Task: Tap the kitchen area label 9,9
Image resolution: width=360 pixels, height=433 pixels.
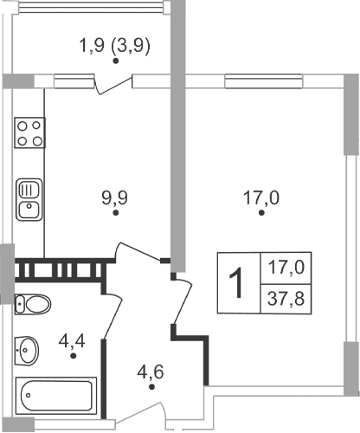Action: (x=114, y=197)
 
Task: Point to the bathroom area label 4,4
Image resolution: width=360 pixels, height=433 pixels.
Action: (x=72, y=339)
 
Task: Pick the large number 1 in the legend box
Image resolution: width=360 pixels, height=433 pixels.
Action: (x=235, y=282)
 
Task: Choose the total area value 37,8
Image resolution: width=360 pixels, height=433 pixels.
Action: (x=286, y=299)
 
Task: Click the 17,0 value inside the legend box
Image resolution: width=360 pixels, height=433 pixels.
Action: (x=286, y=267)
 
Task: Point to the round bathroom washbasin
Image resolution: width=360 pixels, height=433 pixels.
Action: (x=28, y=350)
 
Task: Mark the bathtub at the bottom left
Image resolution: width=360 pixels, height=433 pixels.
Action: (x=55, y=397)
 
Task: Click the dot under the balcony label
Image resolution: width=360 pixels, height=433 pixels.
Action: (x=115, y=61)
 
